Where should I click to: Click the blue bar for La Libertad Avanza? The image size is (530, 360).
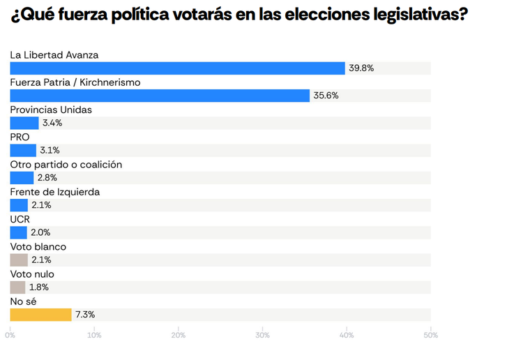click(x=177, y=68)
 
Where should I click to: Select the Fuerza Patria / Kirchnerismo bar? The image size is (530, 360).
click(x=160, y=96)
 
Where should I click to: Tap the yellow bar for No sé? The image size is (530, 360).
click(x=40, y=315)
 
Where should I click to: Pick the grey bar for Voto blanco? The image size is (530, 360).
click(x=19, y=260)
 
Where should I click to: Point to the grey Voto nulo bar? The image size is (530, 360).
click(x=17, y=287)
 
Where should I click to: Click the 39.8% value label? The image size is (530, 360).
click(x=362, y=68)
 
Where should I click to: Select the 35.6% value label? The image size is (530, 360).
click(x=326, y=96)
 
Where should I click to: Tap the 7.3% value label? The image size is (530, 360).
click(x=84, y=315)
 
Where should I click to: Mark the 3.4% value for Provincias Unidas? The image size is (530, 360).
click(x=52, y=123)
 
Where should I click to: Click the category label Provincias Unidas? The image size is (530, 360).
click(x=51, y=110)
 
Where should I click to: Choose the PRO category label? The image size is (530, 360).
click(x=20, y=137)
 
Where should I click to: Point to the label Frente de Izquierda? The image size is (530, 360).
click(x=54, y=192)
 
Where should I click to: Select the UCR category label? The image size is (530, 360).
click(x=20, y=219)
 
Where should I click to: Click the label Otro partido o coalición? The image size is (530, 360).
click(x=66, y=165)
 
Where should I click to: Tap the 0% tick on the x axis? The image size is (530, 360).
click(x=10, y=336)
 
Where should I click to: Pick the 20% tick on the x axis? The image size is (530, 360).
click(x=179, y=336)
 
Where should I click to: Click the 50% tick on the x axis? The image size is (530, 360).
click(x=430, y=336)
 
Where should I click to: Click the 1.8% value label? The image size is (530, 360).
click(x=39, y=287)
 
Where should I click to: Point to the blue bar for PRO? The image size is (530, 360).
click(x=23, y=150)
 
